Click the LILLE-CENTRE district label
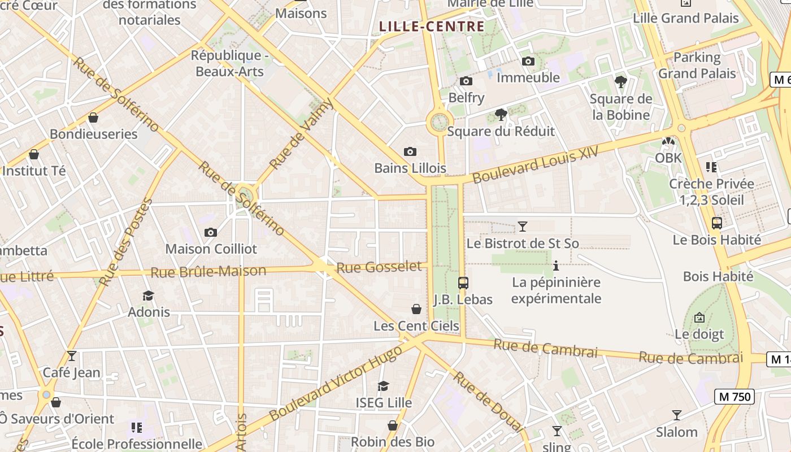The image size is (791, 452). [432, 27]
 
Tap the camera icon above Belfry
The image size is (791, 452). [466, 81]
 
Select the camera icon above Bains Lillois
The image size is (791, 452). [410, 151]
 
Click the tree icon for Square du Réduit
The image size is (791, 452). [501, 115]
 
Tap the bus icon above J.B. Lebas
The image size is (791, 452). [463, 282]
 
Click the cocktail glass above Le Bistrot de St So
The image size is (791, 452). [523, 227]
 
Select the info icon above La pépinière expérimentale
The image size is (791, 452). [556, 265]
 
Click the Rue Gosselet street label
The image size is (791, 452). [379, 267]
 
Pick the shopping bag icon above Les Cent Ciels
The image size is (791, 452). [416, 309]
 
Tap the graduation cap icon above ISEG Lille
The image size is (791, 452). [384, 386]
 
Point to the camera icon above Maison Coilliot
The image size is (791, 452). [211, 232]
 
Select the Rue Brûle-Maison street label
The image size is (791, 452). [208, 272]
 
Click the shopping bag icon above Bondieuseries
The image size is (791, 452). [93, 118]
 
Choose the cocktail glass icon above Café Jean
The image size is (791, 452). [72, 356]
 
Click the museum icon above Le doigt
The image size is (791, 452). [699, 318]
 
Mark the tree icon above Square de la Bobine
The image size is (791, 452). [621, 82]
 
